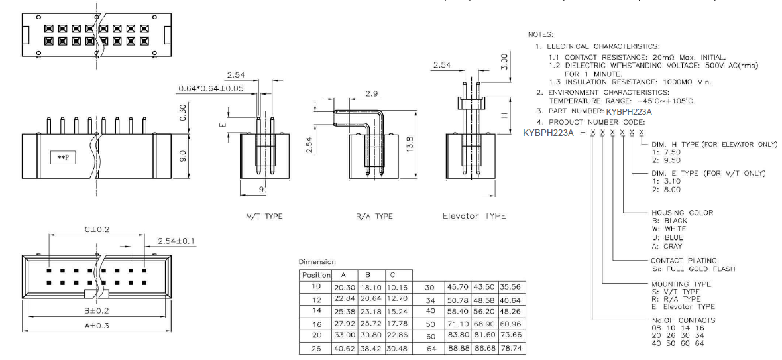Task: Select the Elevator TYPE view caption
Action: pyautogui.click(x=474, y=216)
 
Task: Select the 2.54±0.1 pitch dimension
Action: pyautogui.click(x=177, y=241)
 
